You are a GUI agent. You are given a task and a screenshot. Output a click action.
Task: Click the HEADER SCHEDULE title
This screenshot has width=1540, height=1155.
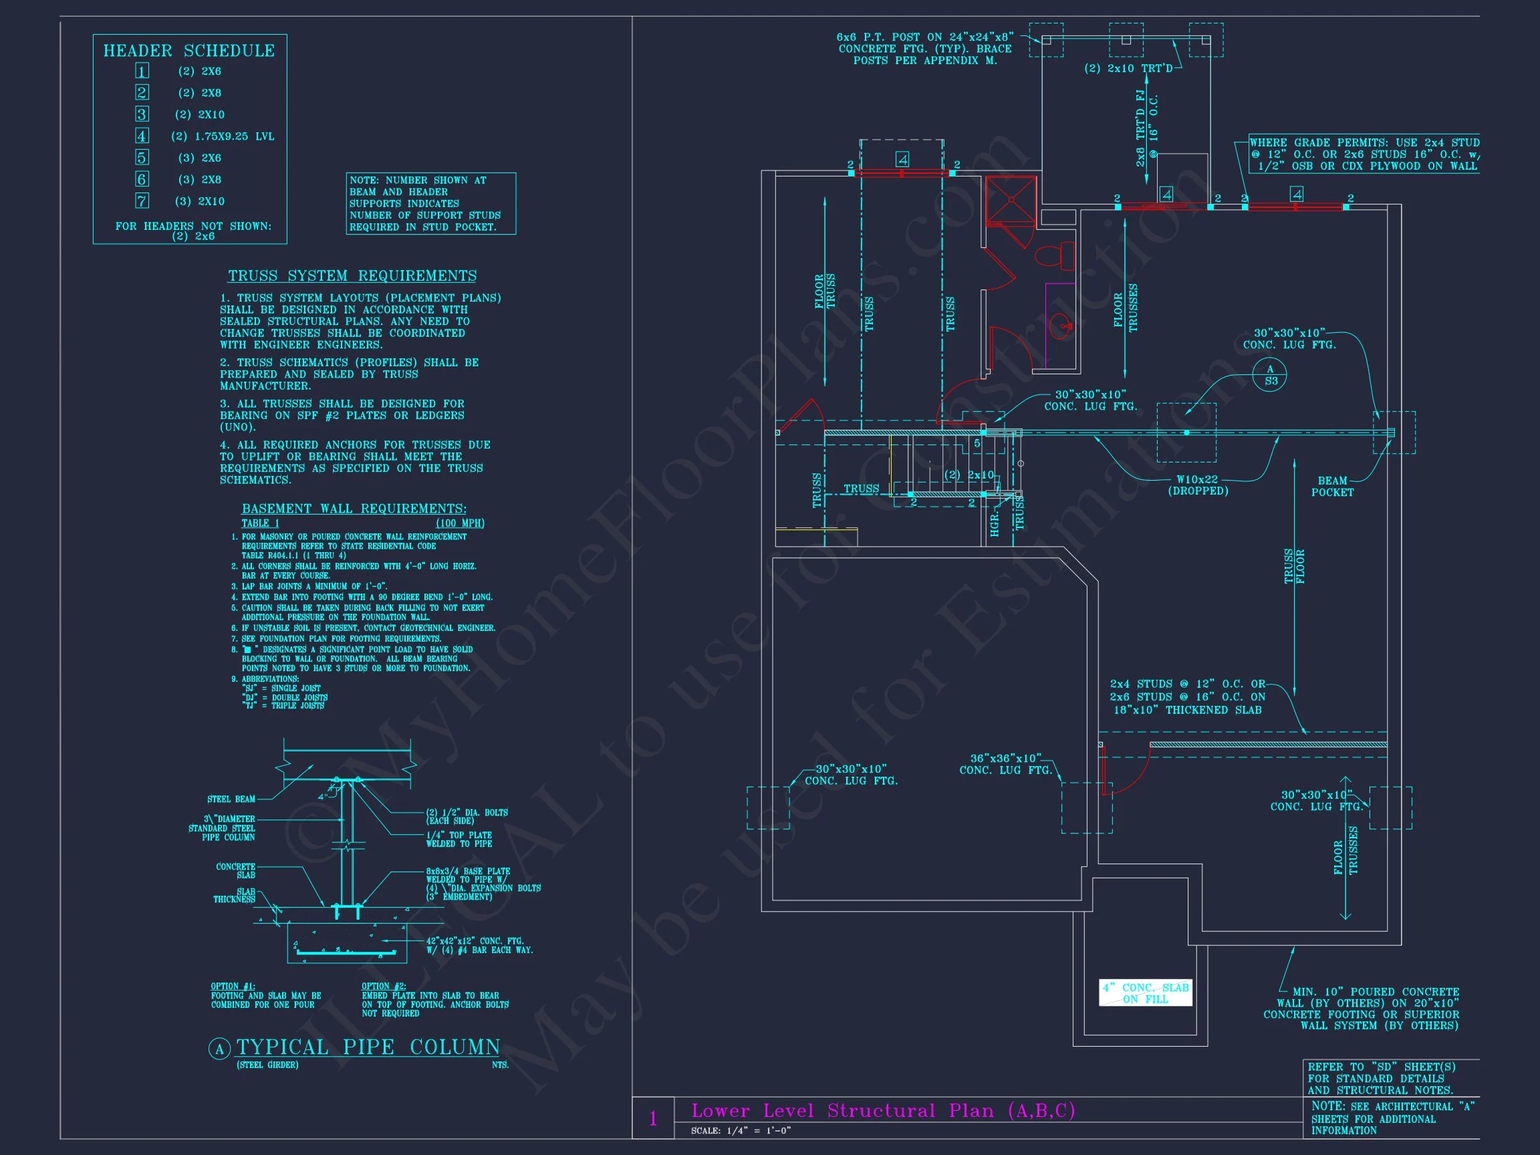pos(188,51)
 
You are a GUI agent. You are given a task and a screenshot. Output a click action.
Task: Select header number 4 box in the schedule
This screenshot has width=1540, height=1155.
pos(142,136)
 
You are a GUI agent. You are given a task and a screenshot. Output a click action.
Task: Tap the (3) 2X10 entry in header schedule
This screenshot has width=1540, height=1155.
pos(201,201)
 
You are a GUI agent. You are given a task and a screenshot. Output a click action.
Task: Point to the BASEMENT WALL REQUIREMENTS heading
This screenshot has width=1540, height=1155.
pos(354,509)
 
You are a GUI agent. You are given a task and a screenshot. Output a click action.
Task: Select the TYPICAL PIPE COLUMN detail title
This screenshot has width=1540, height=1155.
pos(368,1047)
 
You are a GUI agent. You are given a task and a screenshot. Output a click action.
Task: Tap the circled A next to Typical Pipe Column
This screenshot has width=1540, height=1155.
pos(220,1049)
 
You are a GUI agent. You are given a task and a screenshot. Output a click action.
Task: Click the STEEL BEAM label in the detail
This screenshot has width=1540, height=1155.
pos(231,799)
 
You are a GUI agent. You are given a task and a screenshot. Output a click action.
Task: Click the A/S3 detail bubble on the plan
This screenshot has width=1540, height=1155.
pos(1270,374)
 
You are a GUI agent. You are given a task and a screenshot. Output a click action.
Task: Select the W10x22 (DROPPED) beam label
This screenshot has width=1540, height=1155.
pos(1198,485)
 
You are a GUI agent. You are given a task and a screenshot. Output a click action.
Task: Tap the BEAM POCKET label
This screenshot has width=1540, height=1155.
pos(1333,486)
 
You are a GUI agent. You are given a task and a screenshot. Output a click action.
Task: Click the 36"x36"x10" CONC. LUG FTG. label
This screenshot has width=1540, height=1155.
pos(1005,764)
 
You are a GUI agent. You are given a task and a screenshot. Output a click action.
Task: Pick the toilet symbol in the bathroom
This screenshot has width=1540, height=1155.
pos(1055,255)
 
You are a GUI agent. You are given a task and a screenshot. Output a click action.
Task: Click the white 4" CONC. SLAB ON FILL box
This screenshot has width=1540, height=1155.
pos(1145,993)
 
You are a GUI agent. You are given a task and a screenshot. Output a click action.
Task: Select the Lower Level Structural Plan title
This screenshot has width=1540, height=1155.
pos(883,1110)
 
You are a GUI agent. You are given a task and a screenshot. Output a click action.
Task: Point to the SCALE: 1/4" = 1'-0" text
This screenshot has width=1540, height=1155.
pos(741,1131)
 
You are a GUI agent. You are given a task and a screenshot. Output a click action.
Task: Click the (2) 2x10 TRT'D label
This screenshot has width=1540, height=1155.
pos(1128,68)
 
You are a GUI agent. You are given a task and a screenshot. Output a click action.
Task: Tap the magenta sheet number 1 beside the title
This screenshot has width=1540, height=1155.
pos(653,1119)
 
